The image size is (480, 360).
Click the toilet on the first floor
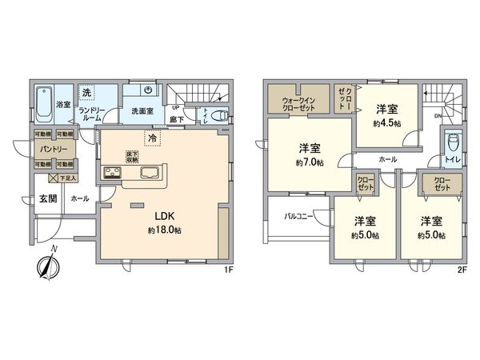[x=218, y=114]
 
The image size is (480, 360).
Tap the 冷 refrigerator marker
[x=152, y=138]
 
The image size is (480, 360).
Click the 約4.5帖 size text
[x=388, y=124]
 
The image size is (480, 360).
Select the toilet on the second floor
[x=454, y=144]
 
